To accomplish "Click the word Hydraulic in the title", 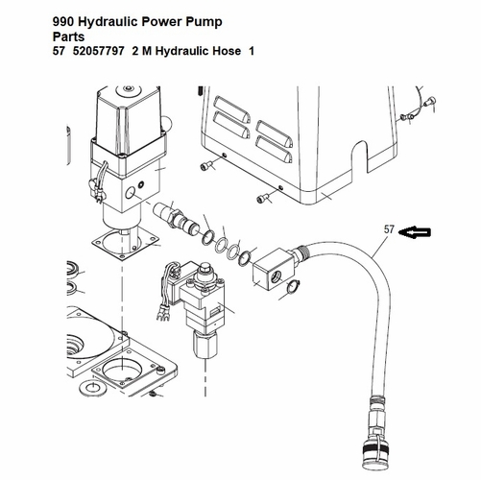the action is pyautogui.click(x=108, y=22).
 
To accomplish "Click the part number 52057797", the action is pyautogui.click(x=98, y=51).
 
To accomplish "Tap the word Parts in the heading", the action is pyautogui.click(x=68, y=36).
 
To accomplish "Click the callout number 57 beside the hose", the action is pyautogui.click(x=389, y=229).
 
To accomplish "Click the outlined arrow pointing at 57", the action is pyautogui.click(x=415, y=232).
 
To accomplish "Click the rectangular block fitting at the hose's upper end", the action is pyautogui.click(x=273, y=269).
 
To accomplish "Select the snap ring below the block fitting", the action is pyautogui.click(x=294, y=287).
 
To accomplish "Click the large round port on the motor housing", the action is pyautogui.click(x=130, y=193).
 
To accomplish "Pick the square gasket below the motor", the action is pyautogui.click(x=125, y=244).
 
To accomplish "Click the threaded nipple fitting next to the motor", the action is pyautogui.click(x=176, y=217).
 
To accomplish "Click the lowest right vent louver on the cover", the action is pyautogui.click(x=275, y=148).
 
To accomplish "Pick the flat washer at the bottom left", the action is pyautogui.click(x=92, y=387).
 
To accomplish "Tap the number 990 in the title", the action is pyautogui.click(x=63, y=21).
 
